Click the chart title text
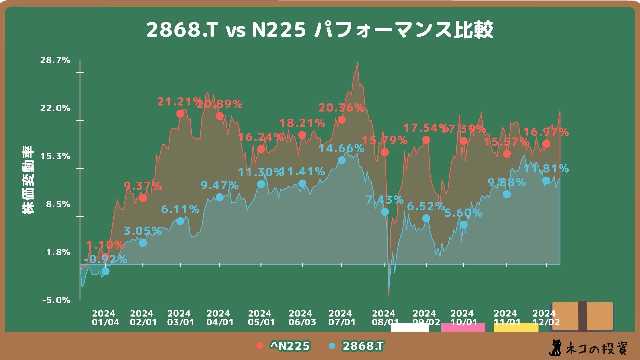319,30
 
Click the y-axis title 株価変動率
28,180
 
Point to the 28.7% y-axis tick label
55,60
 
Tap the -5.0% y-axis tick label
56,300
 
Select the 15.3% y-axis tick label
55,156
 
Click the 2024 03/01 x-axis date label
180,318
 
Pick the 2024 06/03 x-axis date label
302,318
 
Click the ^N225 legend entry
283,346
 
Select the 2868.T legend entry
357,346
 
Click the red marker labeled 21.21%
180,114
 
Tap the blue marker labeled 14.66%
342,160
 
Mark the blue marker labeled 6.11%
180,221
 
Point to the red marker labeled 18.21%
302,135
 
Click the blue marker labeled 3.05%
143,243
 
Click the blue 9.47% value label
220,185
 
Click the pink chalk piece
463,327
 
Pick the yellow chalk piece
516,327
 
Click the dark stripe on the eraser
582,316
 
